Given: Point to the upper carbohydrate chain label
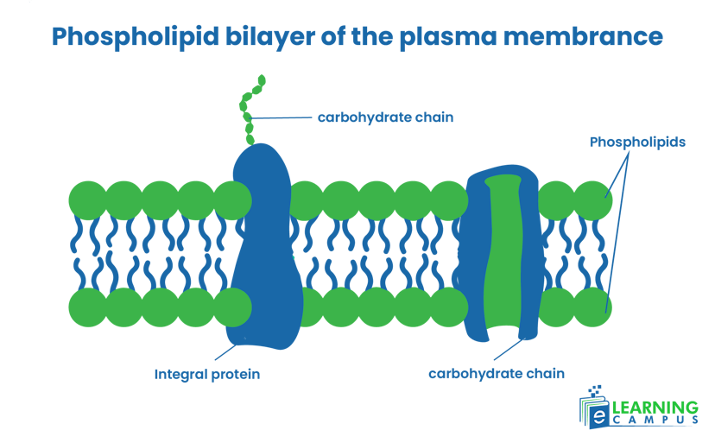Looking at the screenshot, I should pyautogui.click(x=385, y=117).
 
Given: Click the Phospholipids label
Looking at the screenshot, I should pyautogui.click(x=637, y=142).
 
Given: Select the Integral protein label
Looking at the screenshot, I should pyautogui.click(x=207, y=375).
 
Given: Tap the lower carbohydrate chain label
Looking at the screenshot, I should pyautogui.click(x=496, y=374).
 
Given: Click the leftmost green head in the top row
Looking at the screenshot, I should pyautogui.click(x=87, y=199).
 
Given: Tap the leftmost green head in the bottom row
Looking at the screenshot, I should pyautogui.click(x=87, y=307).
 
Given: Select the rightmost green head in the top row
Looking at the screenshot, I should pyautogui.click(x=593, y=199).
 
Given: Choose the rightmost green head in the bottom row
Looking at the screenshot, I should pyautogui.click(x=593, y=307).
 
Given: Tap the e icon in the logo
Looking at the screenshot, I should pyautogui.click(x=596, y=415).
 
